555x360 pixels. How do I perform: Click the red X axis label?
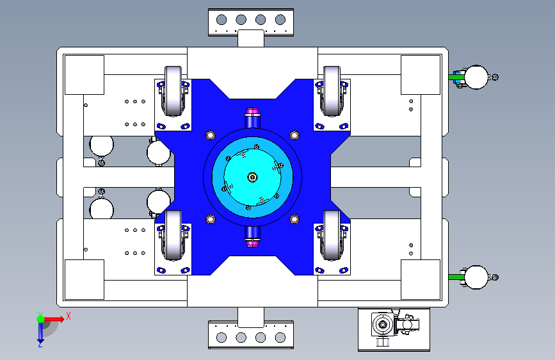68,316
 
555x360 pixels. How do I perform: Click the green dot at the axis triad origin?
41,319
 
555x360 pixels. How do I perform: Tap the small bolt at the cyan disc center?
252,177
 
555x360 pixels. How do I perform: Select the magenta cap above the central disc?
252,111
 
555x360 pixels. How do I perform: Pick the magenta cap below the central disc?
252,243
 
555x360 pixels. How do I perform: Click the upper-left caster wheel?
173,91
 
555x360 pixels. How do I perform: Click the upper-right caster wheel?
332,91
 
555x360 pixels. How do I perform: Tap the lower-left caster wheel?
173,235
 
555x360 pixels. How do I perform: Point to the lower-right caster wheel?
332,235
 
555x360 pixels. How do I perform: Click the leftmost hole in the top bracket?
221,19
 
